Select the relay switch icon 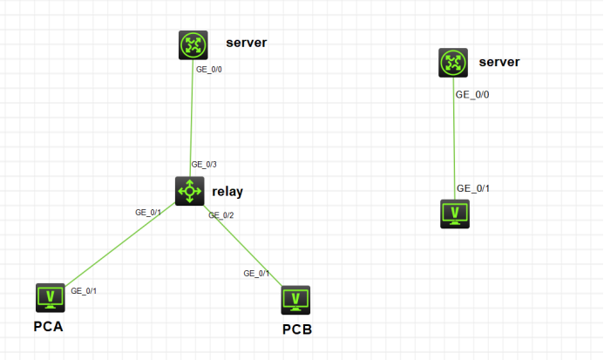(x=189, y=190)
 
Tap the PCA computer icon (x=50, y=297)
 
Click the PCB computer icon (x=296, y=299)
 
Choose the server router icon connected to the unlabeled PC (x=453, y=62)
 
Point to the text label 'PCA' (x=48, y=328)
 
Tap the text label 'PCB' (x=296, y=329)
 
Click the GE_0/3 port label (x=204, y=164)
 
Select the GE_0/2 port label (x=221, y=215)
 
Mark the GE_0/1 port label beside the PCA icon (x=84, y=290)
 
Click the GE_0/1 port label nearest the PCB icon (x=256, y=273)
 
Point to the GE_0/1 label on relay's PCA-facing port (x=148, y=212)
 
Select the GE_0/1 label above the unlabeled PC (x=474, y=188)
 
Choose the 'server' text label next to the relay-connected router (x=245, y=43)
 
